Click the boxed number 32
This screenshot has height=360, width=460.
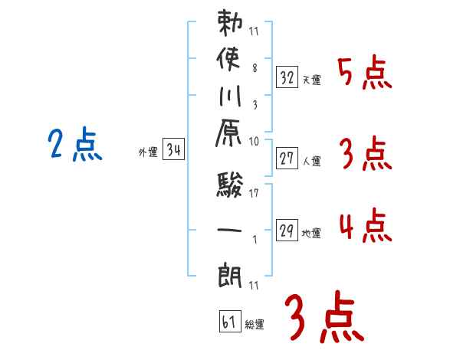287,77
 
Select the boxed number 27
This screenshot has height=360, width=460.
287,159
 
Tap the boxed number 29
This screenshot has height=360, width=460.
287,231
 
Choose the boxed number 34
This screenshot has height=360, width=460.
174,150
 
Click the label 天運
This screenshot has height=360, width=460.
311,80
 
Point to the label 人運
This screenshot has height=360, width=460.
311,162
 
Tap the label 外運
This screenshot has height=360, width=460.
148,152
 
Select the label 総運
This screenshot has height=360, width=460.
255,325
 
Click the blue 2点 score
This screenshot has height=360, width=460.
74,145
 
